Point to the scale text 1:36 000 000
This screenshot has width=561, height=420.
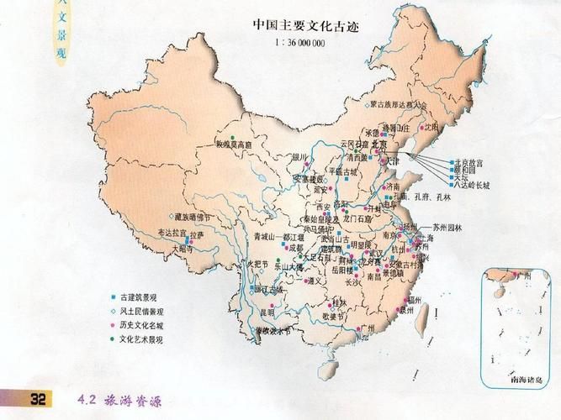pyautogui.click(x=299, y=42)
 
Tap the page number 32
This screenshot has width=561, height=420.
pyautogui.click(x=38, y=397)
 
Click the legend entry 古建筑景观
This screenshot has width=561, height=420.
pyautogui.click(x=140, y=297)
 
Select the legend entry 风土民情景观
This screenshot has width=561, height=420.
pyautogui.click(x=143, y=311)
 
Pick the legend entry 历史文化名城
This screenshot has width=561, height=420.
pyautogui.click(x=143, y=325)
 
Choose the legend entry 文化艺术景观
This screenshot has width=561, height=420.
pyautogui.click(x=143, y=339)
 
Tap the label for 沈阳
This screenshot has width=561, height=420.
pyautogui.click(x=431, y=127)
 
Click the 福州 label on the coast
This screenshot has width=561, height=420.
pyautogui.click(x=414, y=298)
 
